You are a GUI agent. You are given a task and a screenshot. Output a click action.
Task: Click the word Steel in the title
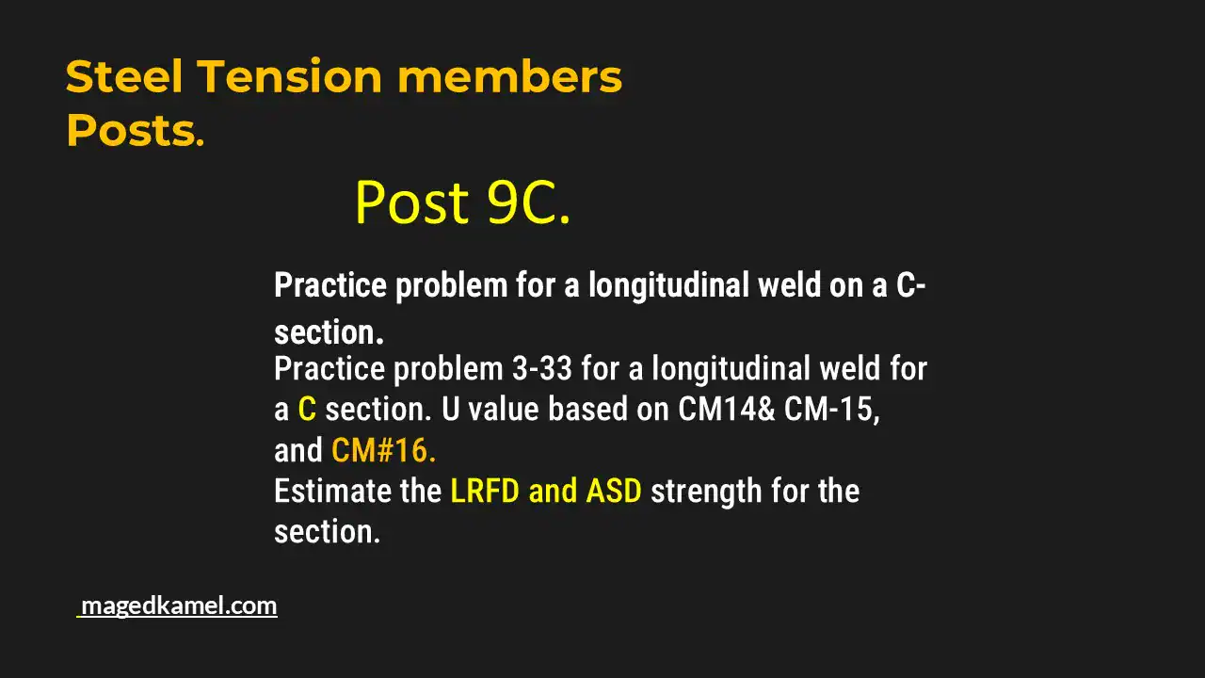coord(123,77)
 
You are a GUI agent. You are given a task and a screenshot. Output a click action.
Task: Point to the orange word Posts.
coord(135,132)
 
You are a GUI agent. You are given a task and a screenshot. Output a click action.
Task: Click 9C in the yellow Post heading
coord(528,202)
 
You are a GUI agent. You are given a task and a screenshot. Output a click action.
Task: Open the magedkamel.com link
coord(179,605)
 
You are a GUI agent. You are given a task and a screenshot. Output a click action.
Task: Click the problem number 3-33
coord(542,368)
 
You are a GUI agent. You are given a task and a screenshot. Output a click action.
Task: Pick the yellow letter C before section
coord(307,410)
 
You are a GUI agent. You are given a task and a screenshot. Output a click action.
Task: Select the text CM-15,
coord(832,410)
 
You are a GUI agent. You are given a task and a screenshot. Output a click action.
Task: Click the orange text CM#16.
coord(383,451)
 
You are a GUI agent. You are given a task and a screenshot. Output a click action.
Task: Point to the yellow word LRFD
coord(485,492)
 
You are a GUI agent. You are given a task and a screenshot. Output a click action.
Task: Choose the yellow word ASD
coord(614,492)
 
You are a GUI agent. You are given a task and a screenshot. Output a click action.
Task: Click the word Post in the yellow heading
coord(411,202)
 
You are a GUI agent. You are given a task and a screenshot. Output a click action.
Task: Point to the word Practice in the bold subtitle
coord(329,285)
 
